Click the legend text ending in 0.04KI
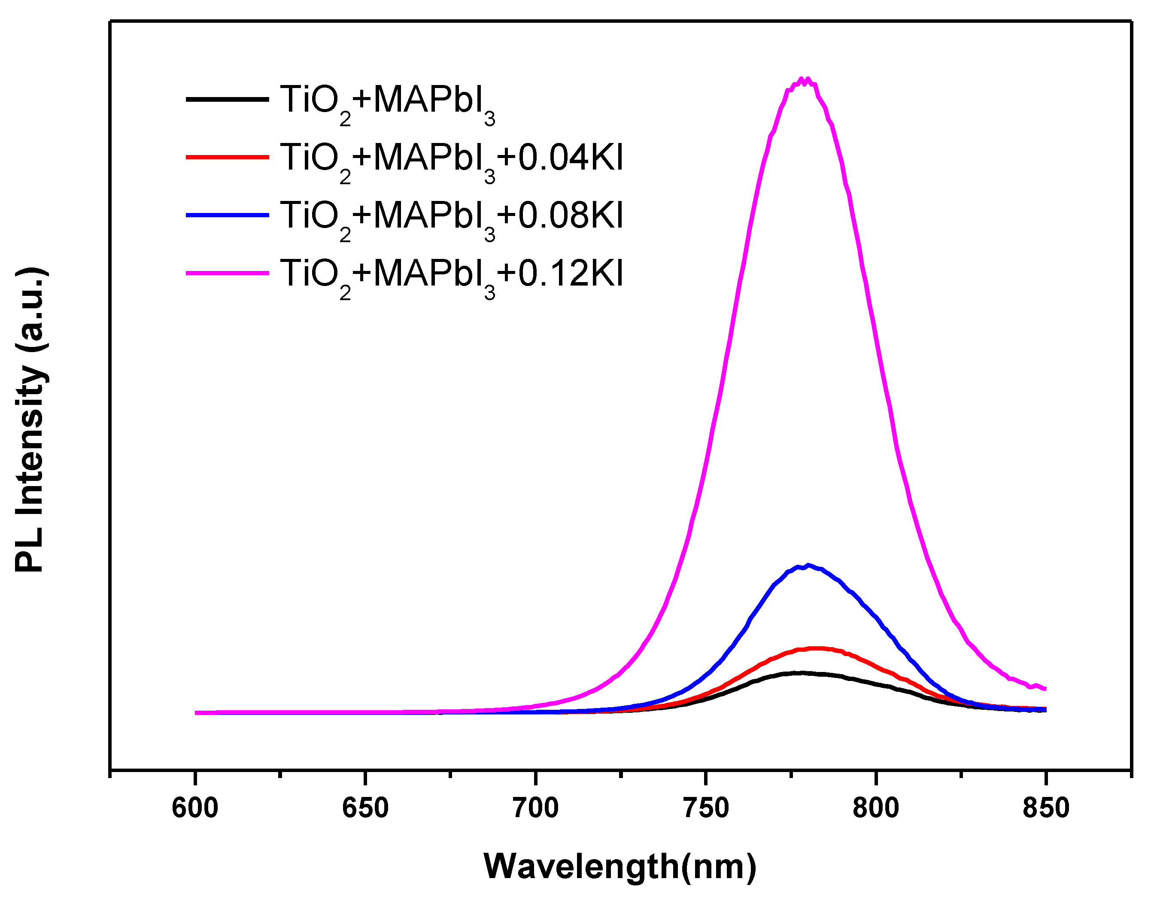click(451, 159)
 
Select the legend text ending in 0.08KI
click(451, 217)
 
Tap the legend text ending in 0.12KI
click(451, 275)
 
